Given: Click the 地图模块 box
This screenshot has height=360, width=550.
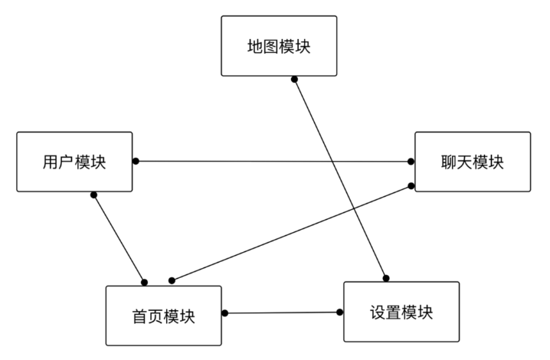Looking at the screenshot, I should pyautogui.click(x=279, y=46).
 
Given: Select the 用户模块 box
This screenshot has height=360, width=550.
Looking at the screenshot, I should pyautogui.click(x=74, y=162).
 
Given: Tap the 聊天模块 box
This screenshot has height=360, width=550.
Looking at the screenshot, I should pyautogui.click(x=472, y=162).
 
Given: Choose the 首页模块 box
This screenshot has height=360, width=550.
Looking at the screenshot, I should pyautogui.click(x=163, y=316).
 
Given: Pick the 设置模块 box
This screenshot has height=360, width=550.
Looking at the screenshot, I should pyautogui.click(x=401, y=312).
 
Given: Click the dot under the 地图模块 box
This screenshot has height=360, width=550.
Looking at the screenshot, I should pyautogui.click(x=294, y=79).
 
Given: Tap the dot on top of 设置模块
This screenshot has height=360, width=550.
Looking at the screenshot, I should pyautogui.click(x=386, y=277).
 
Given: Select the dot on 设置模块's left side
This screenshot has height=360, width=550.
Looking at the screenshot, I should pyautogui.click(x=340, y=312).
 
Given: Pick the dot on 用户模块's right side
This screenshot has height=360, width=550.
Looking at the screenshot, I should pyautogui.click(x=136, y=161).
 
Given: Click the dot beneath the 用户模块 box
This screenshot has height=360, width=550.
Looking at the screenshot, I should pyautogui.click(x=93, y=195).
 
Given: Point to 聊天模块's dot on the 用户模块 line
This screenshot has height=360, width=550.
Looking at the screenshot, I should pyautogui.click(x=411, y=162).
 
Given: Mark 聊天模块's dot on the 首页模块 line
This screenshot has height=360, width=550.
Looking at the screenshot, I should pyautogui.click(x=411, y=186).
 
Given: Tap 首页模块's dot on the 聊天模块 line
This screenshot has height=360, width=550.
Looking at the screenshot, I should pyautogui.click(x=172, y=280).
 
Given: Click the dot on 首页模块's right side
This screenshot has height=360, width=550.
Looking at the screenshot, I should pyautogui.click(x=225, y=313).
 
